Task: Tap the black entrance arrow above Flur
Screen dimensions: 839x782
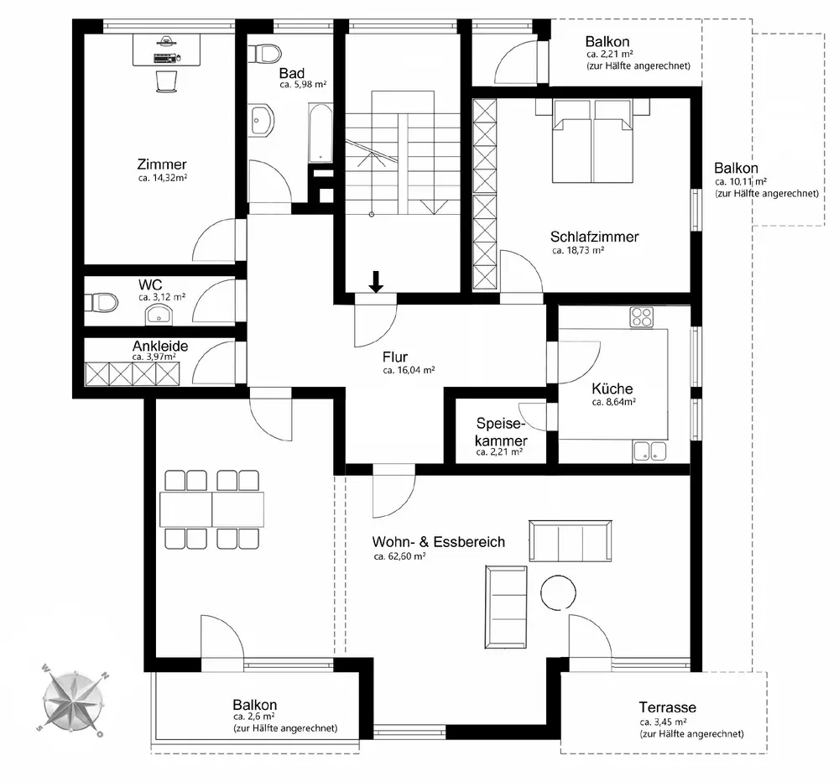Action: click(x=376, y=282)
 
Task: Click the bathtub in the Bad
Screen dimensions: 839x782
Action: click(x=320, y=133)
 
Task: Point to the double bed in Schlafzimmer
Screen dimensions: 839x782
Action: click(x=592, y=141)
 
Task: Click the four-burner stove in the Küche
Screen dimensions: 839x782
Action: click(x=642, y=316)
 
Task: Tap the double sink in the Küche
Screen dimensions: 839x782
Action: click(x=649, y=451)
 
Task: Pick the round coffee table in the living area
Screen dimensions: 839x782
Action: click(x=558, y=592)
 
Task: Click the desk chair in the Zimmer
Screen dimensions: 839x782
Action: click(x=166, y=82)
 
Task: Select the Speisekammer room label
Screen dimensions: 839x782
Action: click(x=501, y=432)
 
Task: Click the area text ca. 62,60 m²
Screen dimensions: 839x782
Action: click(x=399, y=556)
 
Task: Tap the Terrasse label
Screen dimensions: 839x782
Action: click(x=667, y=707)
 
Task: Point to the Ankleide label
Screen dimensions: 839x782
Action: click(x=160, y=346)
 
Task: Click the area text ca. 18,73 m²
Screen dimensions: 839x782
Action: click(x=578, y=250)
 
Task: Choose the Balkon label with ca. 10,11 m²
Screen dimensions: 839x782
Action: click(x=736, y=169)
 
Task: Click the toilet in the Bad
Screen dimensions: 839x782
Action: click(x=265, y=54)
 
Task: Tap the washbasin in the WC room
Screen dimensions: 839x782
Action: click(x=158, y=315)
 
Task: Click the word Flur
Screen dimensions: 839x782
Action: click(x=395, y=357)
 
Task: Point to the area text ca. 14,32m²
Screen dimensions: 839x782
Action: click(x=162, y=178)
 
